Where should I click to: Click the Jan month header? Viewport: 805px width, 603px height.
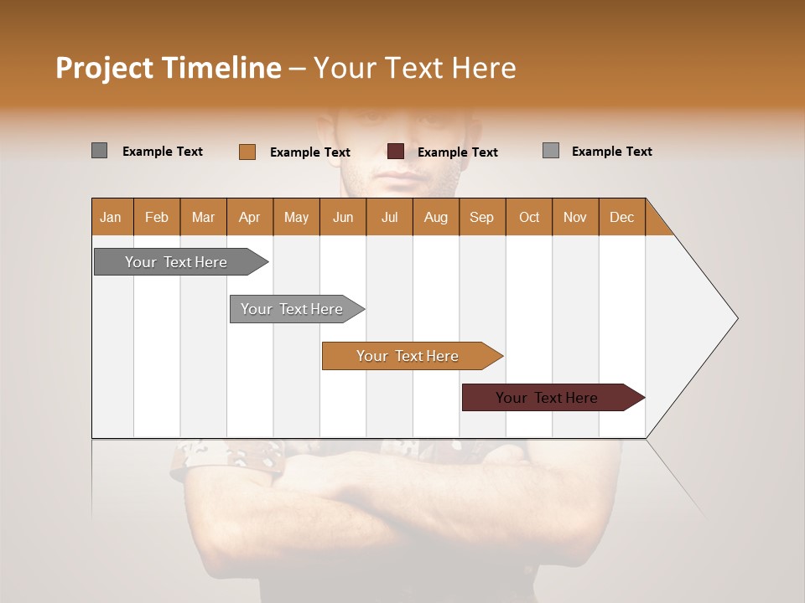(111, 217)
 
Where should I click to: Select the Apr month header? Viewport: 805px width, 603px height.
(249, 217)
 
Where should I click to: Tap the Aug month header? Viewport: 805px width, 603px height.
(435, 217)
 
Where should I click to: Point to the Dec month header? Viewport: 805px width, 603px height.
(621, 217)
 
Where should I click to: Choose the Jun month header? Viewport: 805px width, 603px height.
(342, 217)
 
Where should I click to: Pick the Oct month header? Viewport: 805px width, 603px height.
(528, 217)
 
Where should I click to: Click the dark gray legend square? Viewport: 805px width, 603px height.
(99, 151)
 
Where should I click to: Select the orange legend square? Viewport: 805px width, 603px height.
(247, 152)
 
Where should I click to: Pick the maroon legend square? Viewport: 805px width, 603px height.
(395, 152)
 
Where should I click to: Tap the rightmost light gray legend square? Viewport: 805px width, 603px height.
(550, 151)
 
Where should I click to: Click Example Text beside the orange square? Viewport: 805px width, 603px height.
(309, 152)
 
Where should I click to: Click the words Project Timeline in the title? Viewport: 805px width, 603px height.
(168, 68)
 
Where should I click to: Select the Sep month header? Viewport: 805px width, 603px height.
(481, 217)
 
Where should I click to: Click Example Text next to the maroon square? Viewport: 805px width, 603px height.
(457, 152)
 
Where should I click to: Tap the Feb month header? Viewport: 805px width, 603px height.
(156, 217)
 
